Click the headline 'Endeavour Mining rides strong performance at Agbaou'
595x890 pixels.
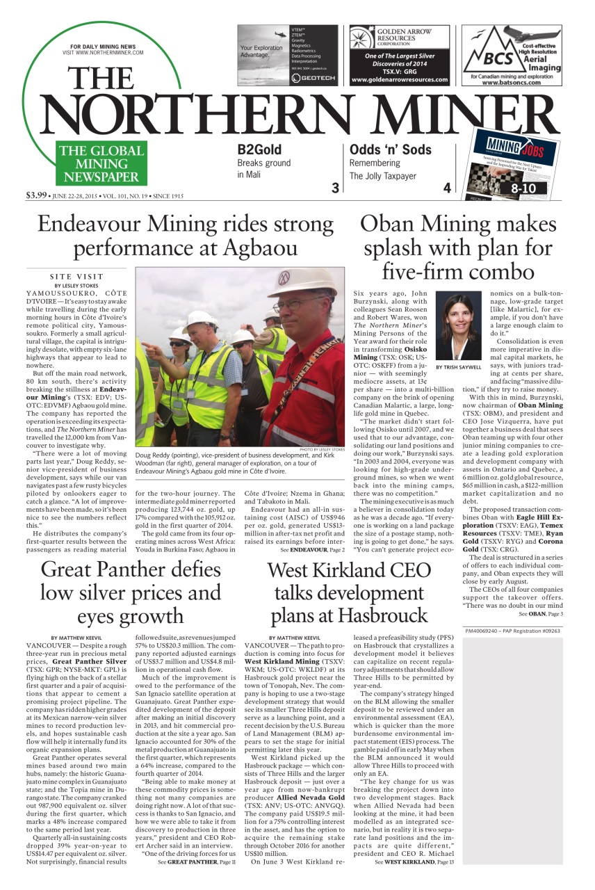pyautogui.click(x=185, y=236)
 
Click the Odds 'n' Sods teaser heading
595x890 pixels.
pyautogui.click(x=390, y=149)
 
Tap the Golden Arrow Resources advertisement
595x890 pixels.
pyautogui.click(x=399, y=56)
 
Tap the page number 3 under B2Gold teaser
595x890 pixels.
pyautogui.click(x=335, y=187)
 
